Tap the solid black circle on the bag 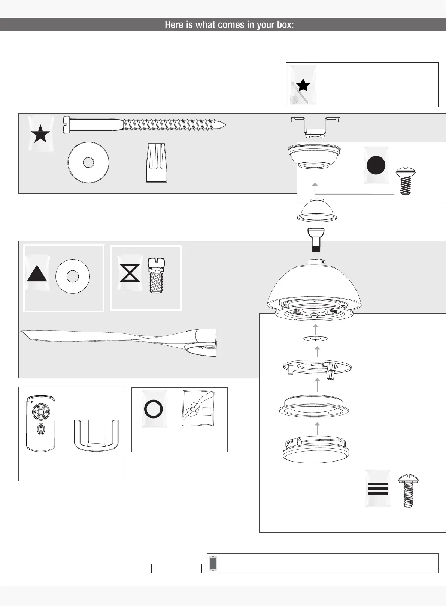[x=376, y=165]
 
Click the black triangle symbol [x=37, y=274]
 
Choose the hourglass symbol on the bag [x=130, y=273]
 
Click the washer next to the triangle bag [x=72, y=276]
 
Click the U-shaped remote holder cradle [x=96, y=435]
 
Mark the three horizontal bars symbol [x=378, y=488]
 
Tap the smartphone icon [x=213, y=563]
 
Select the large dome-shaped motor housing [x=315, y=285]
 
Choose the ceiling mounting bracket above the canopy [x=315, y=126]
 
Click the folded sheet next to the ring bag [x=198, y=408]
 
